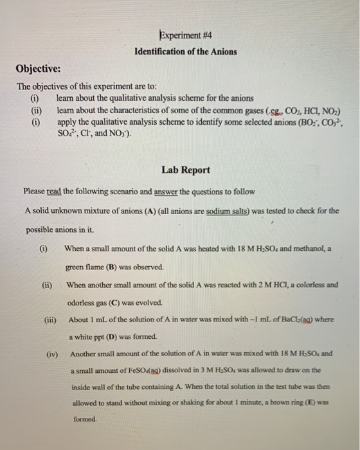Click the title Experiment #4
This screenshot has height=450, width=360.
[186, 37]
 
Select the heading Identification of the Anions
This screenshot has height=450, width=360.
[186, 51]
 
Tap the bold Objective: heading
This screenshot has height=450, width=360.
[38, 69]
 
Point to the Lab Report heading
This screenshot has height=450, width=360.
[186, 170]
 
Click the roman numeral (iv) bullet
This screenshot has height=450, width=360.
[53, 354]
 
